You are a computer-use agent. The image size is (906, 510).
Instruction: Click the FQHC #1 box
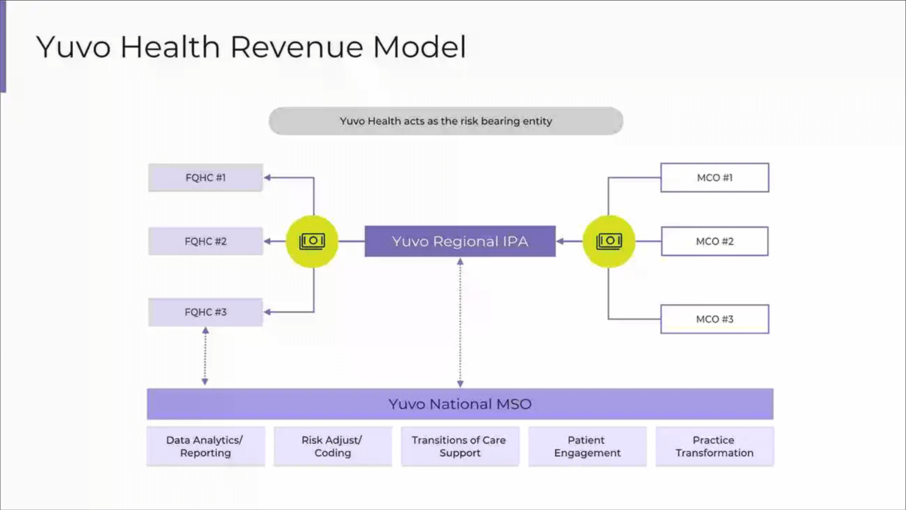(205, 177)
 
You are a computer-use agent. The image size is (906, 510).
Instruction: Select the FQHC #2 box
(205, 241)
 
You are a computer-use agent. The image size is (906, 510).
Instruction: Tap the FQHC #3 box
(205, 312)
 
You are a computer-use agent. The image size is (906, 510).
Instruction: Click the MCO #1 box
(714, 178)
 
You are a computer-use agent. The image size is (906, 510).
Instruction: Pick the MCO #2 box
(714, 241)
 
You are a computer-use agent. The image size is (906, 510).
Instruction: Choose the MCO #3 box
(714, 319)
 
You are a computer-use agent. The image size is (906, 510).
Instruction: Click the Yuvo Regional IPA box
(460, 241)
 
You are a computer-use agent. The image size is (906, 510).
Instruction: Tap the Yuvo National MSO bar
(460, 404)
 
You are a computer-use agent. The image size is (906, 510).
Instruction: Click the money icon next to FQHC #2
(312, 241)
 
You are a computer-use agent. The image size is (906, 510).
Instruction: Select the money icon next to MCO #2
(609, 241)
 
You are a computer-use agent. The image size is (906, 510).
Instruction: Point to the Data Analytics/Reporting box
(205, 446)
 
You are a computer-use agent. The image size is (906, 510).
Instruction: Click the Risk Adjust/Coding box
(332, 446)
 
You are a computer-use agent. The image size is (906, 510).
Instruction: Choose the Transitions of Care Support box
(460, 446)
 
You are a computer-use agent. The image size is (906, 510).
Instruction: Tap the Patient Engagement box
(587, 446)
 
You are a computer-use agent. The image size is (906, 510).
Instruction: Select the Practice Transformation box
(714, 446)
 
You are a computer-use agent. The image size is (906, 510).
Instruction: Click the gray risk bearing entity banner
(446, 121)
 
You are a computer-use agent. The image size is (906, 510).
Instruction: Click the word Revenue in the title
(296, 47)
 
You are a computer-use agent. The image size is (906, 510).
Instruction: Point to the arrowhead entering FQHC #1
(267, 177)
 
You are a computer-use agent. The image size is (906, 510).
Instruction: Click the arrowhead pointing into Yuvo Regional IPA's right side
(560, 241)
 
